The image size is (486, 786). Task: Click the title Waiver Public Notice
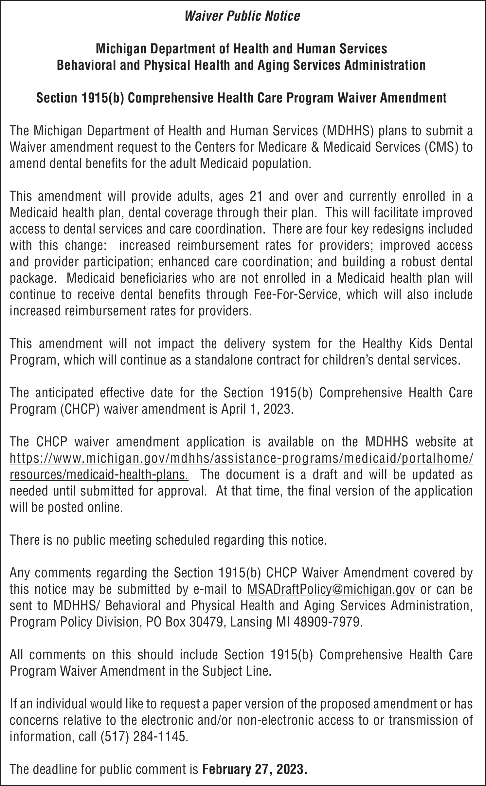pos(242,16)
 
